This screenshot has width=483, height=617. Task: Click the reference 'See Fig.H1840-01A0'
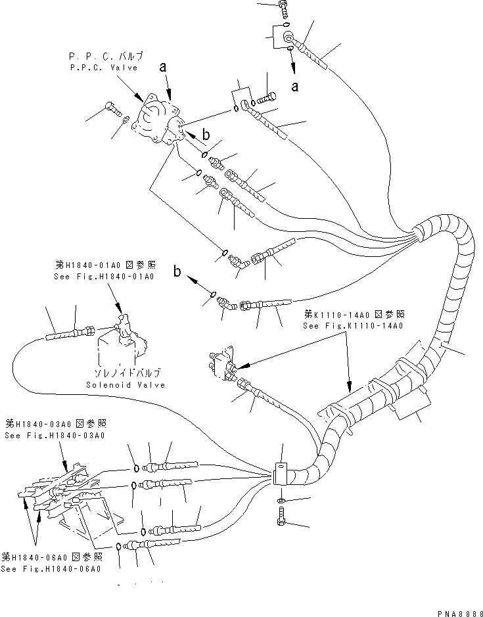(x=105, y=277)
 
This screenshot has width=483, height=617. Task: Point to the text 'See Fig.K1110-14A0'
(x=352, y=325)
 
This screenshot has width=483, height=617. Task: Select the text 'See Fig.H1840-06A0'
(x=51, y=569)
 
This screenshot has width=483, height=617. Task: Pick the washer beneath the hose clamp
(x=281, y=501)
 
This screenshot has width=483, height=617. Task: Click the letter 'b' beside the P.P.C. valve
(x=206, y=135)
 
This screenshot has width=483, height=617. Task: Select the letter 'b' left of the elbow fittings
(x=176, y=271)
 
